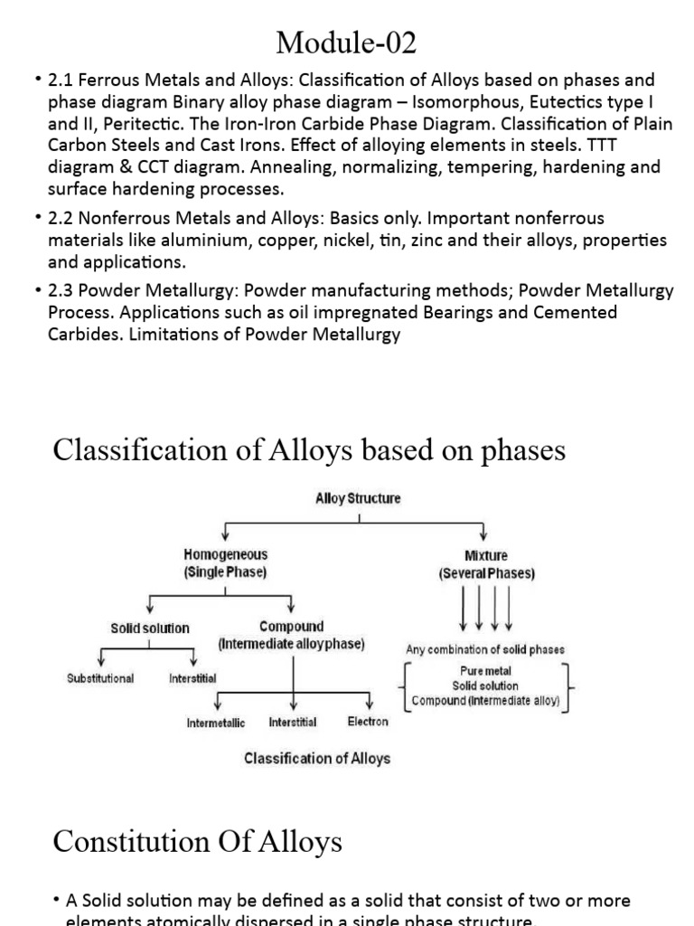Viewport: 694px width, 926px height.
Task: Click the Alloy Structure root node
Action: (x=358, y=498)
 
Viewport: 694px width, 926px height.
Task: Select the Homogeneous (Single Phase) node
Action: (x=226, y=563)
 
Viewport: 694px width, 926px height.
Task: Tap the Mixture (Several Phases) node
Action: (x=486, y=564)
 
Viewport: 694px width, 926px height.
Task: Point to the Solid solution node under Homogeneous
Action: (x=150, y=628)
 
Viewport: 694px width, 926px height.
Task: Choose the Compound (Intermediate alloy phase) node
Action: (x=291, y=635)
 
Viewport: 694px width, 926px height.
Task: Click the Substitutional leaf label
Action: (x=100, y=678)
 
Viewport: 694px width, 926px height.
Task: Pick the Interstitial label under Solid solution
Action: (x=192, y=678)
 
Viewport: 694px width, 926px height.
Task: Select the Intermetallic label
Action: (x=216, y=723)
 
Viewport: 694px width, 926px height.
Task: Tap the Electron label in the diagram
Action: (x=368, y=722)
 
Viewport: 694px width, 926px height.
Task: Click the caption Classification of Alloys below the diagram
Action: (x=317, y=758)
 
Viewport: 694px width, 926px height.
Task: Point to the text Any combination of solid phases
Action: (x=486, y=649)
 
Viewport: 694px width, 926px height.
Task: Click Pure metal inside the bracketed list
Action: (x=486, y=672)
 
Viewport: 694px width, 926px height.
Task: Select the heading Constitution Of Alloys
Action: (x=198, y=842)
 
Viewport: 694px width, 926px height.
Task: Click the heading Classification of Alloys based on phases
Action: (x=309, y=449)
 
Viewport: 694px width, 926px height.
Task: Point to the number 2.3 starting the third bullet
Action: (x=59, y=290)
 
